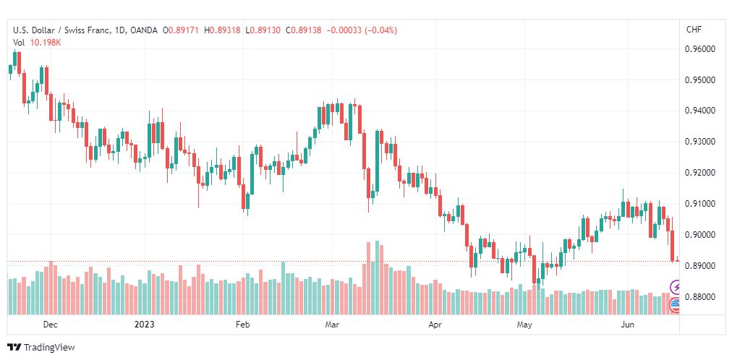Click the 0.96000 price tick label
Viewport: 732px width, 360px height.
coord(699,49)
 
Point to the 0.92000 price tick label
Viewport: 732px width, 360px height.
coord(699,173)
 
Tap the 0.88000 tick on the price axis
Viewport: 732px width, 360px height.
coord(699,297)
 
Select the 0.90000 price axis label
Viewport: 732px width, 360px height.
coord(699,235)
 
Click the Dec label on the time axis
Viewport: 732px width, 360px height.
coord(50,325)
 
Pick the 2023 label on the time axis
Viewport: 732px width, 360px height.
coord(144,325)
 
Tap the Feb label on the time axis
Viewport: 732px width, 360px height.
coord(243,325)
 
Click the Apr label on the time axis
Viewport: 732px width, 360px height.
coord(435,325)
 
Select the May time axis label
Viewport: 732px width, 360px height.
coord(524,325)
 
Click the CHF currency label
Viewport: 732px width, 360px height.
coord(694,30)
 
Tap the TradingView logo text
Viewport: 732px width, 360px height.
coord(49,348)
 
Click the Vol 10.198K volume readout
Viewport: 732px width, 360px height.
coord(38,43)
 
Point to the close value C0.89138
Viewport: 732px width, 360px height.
coord(304,30)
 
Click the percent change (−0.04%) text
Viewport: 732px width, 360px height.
coord(378,30)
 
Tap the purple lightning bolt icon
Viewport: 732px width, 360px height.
coord(676,286)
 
